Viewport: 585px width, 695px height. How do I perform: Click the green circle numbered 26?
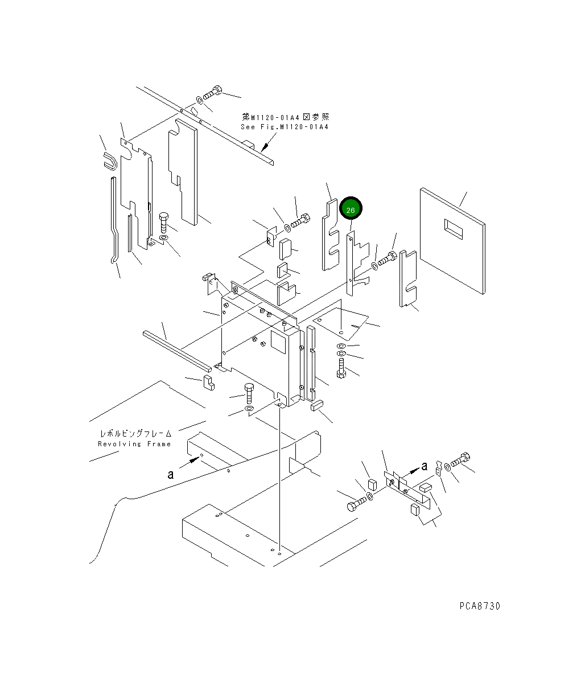point(351,210)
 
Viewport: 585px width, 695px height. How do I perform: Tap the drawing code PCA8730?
point(480,606)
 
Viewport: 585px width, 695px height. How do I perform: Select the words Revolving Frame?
point(134,444)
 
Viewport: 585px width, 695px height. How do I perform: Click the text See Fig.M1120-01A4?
point(285,127)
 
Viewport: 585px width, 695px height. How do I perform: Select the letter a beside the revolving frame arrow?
point(170,474)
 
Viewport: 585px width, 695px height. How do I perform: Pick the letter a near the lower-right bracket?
point(424,466)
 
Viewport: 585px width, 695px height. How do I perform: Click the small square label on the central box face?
point(278,341)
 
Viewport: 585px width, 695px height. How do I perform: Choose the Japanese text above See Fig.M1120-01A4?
point(285,117)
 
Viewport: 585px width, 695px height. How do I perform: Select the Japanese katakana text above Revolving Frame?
point(135,433)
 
